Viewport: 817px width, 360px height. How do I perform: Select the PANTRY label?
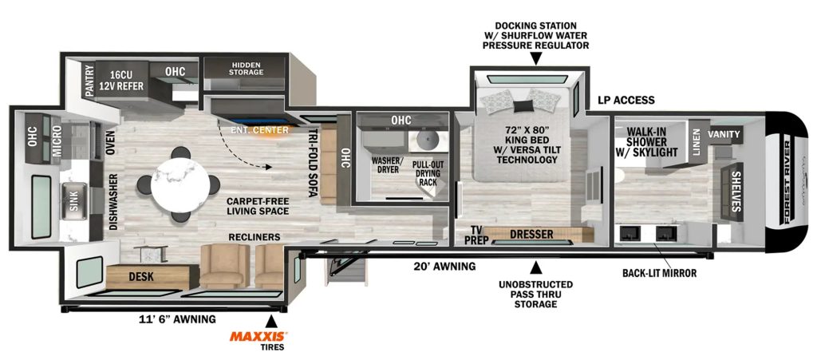[89, 81]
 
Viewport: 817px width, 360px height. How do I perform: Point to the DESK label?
[140, 277]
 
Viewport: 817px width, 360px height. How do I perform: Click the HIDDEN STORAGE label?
[246, 69]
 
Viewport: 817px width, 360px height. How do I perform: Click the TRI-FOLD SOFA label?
[312, 163]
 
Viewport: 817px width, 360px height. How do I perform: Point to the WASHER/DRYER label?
[385, 165]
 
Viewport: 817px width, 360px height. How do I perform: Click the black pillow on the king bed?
[523, 105]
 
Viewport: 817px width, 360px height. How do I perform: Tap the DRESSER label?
[531, 235]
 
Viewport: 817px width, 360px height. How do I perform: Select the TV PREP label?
[476, 235]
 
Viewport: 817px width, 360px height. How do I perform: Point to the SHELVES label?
[736, 192]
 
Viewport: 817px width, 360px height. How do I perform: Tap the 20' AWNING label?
[444, 267]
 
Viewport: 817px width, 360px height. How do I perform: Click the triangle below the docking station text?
[536, 61]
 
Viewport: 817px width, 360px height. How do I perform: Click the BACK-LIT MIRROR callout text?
[659, 273]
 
